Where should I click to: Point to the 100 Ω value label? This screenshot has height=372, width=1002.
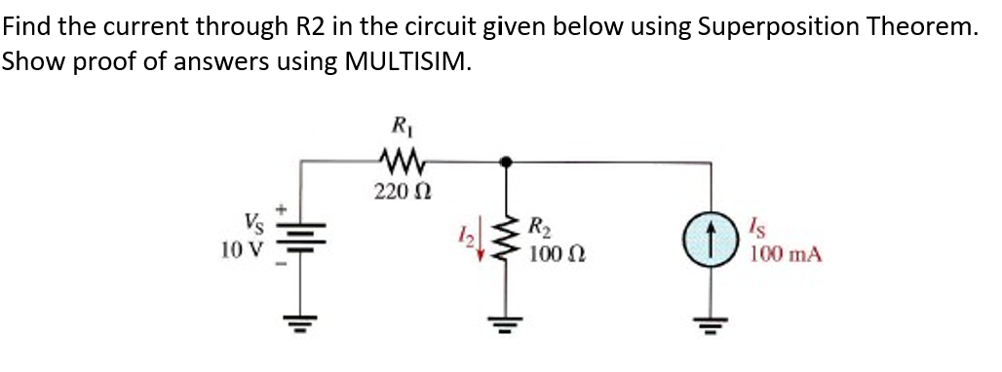(557, 256)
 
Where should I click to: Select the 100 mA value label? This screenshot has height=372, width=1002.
(786, 256)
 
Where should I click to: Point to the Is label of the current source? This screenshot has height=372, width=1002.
(763, 232)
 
